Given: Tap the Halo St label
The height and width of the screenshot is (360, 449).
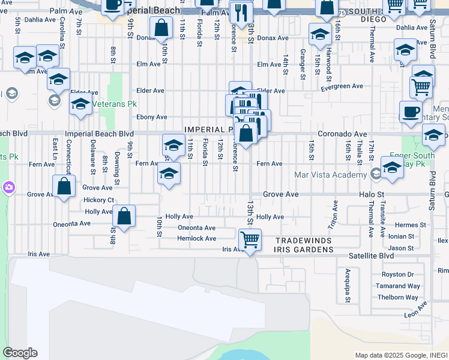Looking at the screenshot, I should pos(372,195).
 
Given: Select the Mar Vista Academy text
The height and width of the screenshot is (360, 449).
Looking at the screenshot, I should pos(330,175).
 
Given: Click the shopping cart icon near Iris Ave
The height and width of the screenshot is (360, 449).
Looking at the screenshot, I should pos(250,240).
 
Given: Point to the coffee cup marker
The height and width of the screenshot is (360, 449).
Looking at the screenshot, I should pos(411,112).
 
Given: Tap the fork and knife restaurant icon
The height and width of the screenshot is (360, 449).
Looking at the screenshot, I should pos(242,13).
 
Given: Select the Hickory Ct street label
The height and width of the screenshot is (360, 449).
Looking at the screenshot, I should pos(99,200).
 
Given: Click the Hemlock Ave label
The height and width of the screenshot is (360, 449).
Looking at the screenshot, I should pos(196,238).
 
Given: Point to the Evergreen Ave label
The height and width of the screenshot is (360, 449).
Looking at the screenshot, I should pos(342,86).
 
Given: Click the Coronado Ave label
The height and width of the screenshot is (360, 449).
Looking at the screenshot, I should pos(342,134).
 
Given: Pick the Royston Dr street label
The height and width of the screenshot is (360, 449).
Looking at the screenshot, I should pos(398,275).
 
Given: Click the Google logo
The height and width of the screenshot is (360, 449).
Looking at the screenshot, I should pos(20,353).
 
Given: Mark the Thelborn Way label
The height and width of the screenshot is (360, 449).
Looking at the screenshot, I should pos(397,298).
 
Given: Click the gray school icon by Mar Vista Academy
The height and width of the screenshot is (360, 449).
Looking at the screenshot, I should pos(376,175).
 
